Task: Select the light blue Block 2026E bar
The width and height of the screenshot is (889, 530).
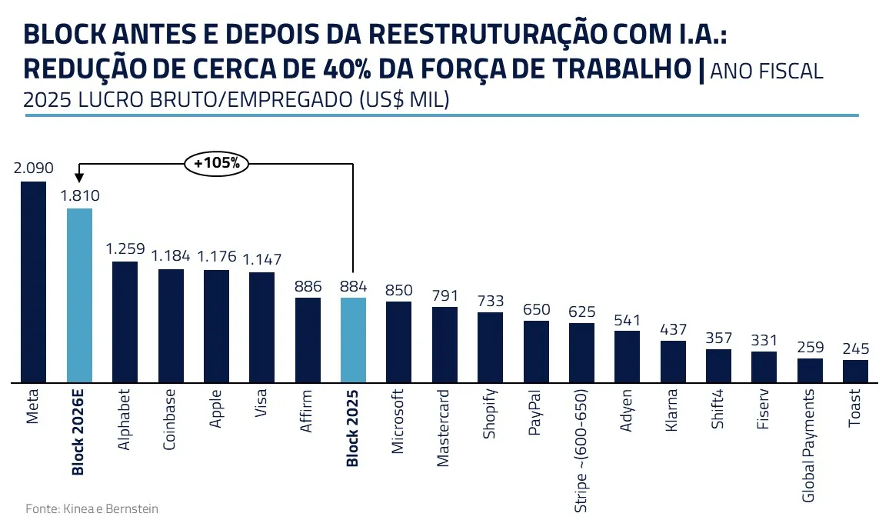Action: tap(80, 295)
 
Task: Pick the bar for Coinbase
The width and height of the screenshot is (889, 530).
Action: tap(171, 325)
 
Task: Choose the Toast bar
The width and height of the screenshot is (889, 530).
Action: tap(855, 371)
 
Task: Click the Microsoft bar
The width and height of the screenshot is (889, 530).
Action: tap(398, 342)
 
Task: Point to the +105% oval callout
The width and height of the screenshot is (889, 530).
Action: tap(217, 163)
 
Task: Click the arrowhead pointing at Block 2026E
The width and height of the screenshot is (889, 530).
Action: tap(80, 178)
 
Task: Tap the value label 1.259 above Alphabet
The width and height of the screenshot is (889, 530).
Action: tap(125, 248)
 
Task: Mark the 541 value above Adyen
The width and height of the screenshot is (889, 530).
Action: tap(627, 318)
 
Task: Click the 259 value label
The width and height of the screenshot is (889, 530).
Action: tap(810, 346)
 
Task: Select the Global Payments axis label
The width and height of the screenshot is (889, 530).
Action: tap(808, 445)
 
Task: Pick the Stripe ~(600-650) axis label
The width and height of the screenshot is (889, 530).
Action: tap(581, 451)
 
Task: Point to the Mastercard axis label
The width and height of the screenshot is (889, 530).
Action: tap(444, 429)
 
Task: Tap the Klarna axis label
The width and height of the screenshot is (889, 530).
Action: tap(671, 412)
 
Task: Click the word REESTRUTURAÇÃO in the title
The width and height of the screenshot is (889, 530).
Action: tap(481, 35)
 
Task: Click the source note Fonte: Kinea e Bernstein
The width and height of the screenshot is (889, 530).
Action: tap(92, 508)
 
